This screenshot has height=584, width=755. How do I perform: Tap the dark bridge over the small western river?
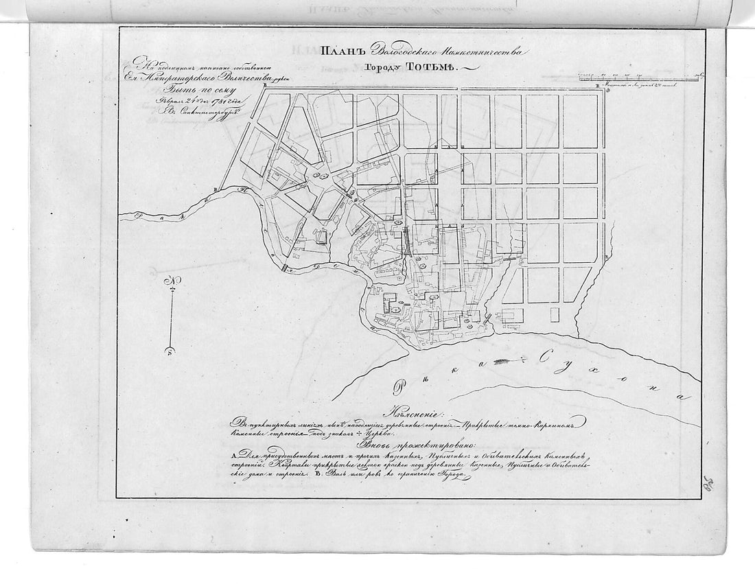pyautogui.click(x=284, y=268)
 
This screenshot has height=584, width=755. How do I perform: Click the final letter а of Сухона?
pyautogui.click(x=680, y=397)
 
